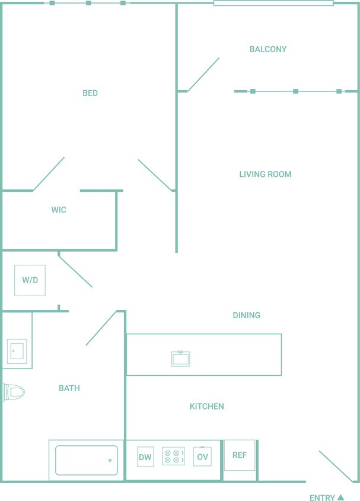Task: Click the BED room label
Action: (90, 93)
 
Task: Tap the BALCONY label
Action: (268, 49)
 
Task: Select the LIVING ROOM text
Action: (265, 175)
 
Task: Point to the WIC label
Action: (59, 210)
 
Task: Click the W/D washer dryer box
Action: (30, 280)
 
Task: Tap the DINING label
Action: (246, 316)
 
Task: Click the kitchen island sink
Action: (180, 359)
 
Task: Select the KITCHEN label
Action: (206, 407)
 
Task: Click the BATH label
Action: (69, 389)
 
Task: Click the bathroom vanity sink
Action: (17, 350)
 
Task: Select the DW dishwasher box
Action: (145, 457)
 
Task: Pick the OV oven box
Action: (202, 457)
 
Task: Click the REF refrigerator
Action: (240, 455)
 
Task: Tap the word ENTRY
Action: (322, 498)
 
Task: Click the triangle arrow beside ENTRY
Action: (340, 497)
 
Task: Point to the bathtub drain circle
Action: (110, 460)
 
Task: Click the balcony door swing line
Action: (203, 75)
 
